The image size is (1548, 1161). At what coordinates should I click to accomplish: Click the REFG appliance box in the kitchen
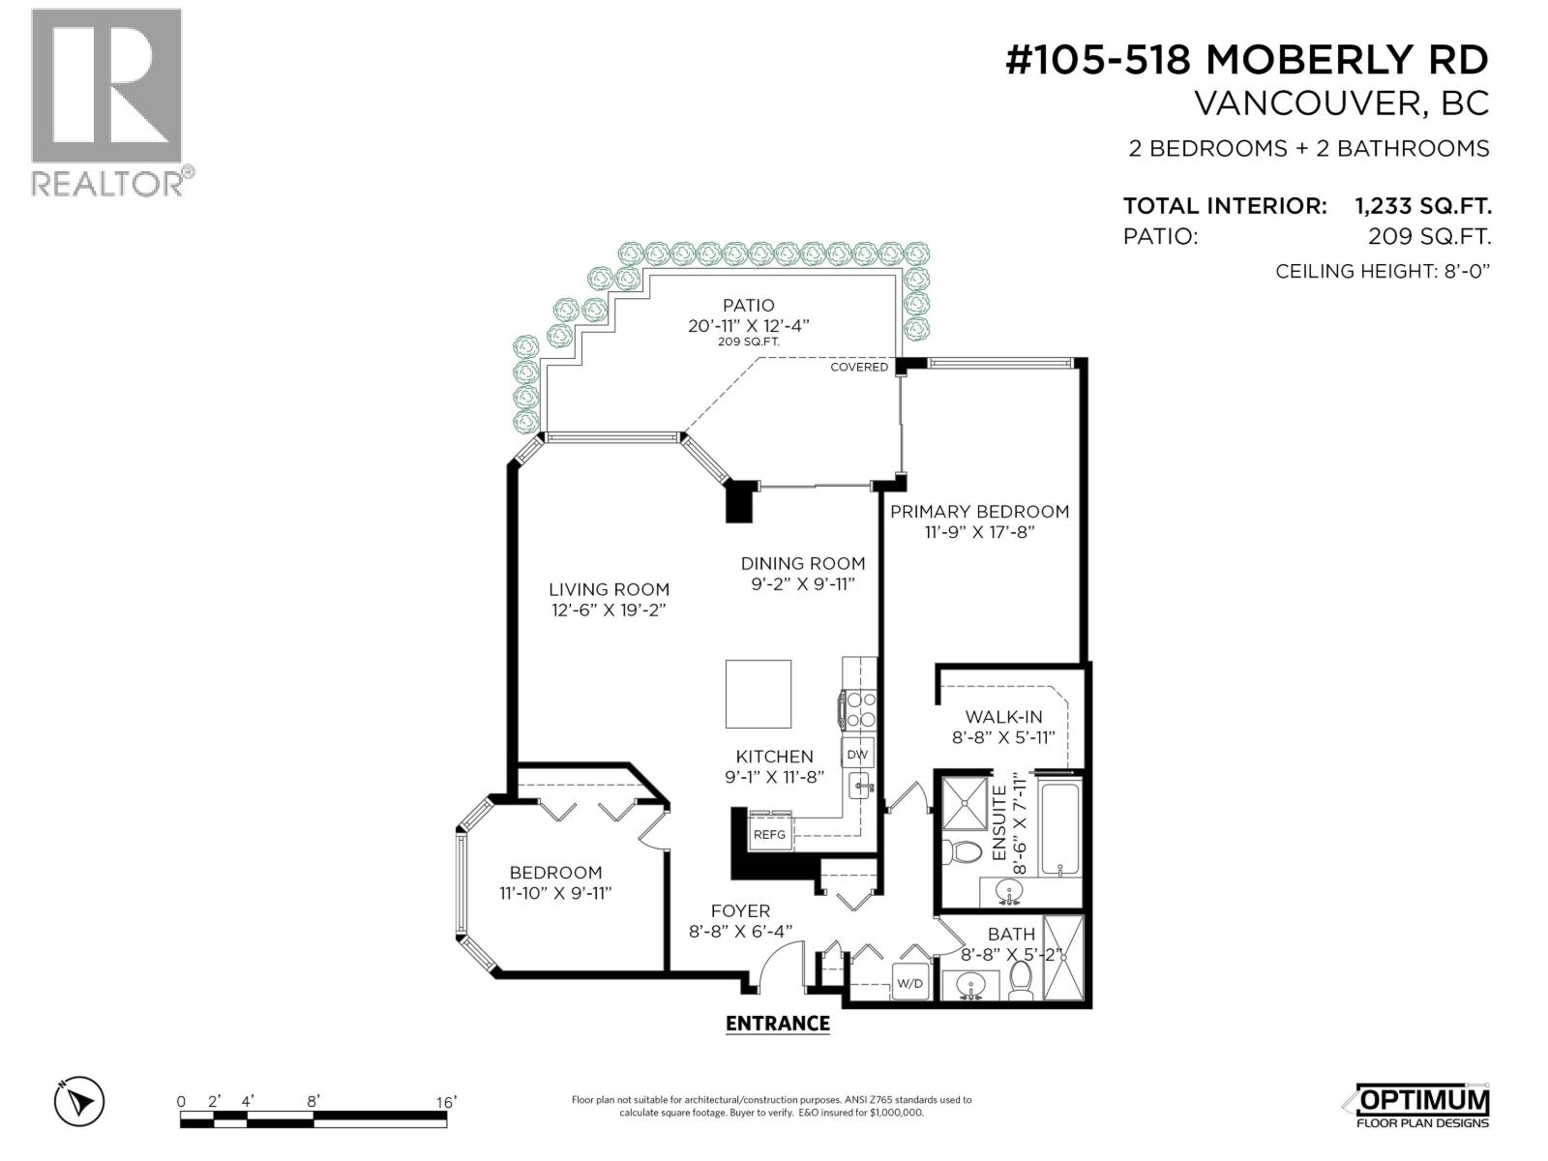[x=770, y=834]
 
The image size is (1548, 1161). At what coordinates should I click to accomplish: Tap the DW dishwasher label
[x=857, y=754]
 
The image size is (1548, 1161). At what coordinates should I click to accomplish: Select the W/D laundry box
[x=910, y=984]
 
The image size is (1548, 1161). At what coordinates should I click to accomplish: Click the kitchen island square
[x=759, y=694]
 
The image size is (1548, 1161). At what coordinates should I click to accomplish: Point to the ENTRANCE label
[x=777, y=1024]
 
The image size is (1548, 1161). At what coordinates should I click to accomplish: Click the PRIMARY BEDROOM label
[x=979, y=511]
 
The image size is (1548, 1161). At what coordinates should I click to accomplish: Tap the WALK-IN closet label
[x=1003, y=717]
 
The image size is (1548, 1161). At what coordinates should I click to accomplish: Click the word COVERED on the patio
[x=859, y=368]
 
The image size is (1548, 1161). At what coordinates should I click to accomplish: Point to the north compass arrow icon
[x=79, y=1101]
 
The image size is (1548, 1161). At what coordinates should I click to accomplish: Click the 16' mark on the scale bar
[x=445, y=1102]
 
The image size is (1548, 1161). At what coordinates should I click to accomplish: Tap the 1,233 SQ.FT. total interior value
[x=1421, y=206]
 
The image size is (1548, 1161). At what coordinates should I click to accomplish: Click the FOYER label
[x=740, y=910]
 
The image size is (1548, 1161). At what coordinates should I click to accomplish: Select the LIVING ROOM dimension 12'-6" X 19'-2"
[x=609, y=610]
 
